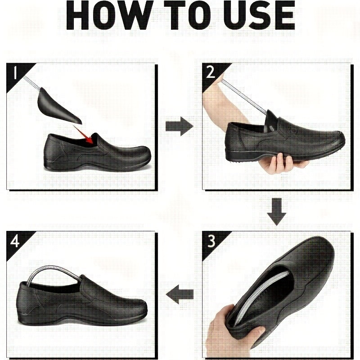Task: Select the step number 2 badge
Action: coord(210,72)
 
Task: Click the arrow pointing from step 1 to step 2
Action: coord(179,126)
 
